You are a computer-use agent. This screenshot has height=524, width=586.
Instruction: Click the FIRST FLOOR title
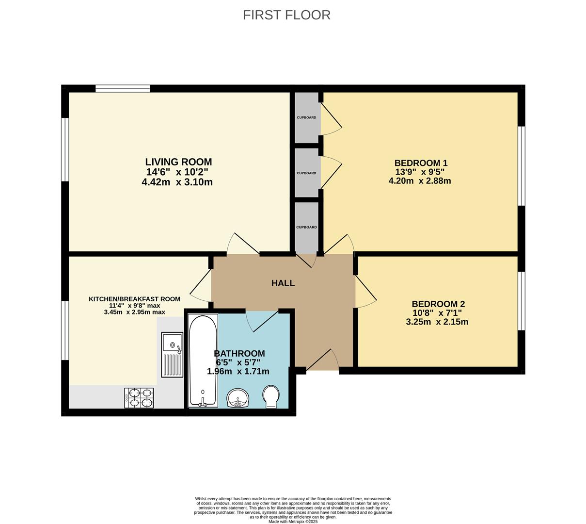pos(286,15)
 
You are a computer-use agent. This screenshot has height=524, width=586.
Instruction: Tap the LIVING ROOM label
pos(178,162)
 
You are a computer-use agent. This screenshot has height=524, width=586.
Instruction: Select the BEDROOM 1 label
pos(421,163)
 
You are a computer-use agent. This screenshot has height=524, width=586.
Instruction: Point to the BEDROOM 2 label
pos(438,304)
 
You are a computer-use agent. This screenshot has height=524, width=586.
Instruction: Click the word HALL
pos(283,283)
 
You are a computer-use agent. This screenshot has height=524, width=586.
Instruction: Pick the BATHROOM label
pos(239,354)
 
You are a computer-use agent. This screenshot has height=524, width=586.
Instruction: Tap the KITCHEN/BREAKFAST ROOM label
pos(134,299)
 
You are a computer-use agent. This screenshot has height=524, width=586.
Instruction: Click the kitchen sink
pos(172,355)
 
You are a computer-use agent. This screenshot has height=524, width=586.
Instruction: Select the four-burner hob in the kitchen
pos(139,398)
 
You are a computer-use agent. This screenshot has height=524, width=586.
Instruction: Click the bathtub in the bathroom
pos(203,360)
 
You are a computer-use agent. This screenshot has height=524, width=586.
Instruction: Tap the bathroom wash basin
pos(238,398)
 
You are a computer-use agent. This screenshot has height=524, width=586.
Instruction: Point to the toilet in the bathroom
pos(271,396)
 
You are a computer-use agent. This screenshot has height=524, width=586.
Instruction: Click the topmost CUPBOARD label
pos(306,117)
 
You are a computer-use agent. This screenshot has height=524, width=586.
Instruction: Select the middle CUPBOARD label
pos(306,173)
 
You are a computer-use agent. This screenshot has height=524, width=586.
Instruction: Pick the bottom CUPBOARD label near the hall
pos(306,227)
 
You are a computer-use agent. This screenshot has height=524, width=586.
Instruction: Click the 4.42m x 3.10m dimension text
pos(177,182)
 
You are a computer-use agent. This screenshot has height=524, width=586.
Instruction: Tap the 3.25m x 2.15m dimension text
pos(437,322)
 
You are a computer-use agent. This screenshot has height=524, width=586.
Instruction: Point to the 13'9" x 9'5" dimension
pos(420,172)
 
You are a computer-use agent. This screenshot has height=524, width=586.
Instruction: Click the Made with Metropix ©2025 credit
pos(293,522)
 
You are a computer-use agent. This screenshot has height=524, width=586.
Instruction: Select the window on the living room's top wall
pos(123,88)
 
